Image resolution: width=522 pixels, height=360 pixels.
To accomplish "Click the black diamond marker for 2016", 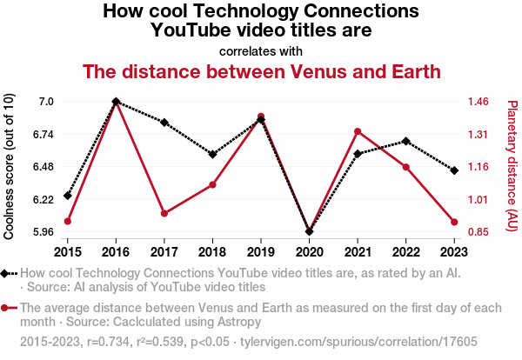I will tap(116, 102).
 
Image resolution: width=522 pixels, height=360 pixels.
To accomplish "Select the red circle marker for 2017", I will tap(164, 213).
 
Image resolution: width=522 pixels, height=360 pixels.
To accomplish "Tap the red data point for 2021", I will tap(358, 131).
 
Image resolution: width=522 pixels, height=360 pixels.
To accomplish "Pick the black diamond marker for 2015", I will tap(68, 196).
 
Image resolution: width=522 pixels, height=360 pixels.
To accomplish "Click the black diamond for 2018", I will tap(212, 155).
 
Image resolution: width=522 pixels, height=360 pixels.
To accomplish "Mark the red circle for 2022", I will tap(405, 167).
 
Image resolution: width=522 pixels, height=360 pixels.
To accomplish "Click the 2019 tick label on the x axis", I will tap(261, 251).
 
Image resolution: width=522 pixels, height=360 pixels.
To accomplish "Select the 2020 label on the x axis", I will tap(309, 251).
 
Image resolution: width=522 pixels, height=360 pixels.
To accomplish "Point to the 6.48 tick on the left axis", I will tap(42, 167).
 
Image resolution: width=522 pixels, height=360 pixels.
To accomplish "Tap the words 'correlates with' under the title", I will tap(261, 50).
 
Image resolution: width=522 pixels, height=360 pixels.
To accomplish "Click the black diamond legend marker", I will tap(8, 274).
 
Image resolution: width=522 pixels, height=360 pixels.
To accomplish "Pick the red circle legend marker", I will tap(8, 308).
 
